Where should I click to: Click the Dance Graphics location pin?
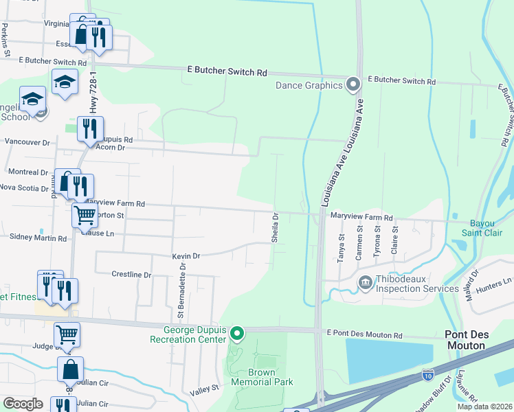[353, 85]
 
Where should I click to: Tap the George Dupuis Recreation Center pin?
[237, 334]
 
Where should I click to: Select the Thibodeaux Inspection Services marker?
[364, 282]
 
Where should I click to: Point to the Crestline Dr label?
[131, 275]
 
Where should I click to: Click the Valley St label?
[204, 389]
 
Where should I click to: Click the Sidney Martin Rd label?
[38, 238]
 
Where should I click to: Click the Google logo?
[23, 404]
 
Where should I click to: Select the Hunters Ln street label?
[498, 281]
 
